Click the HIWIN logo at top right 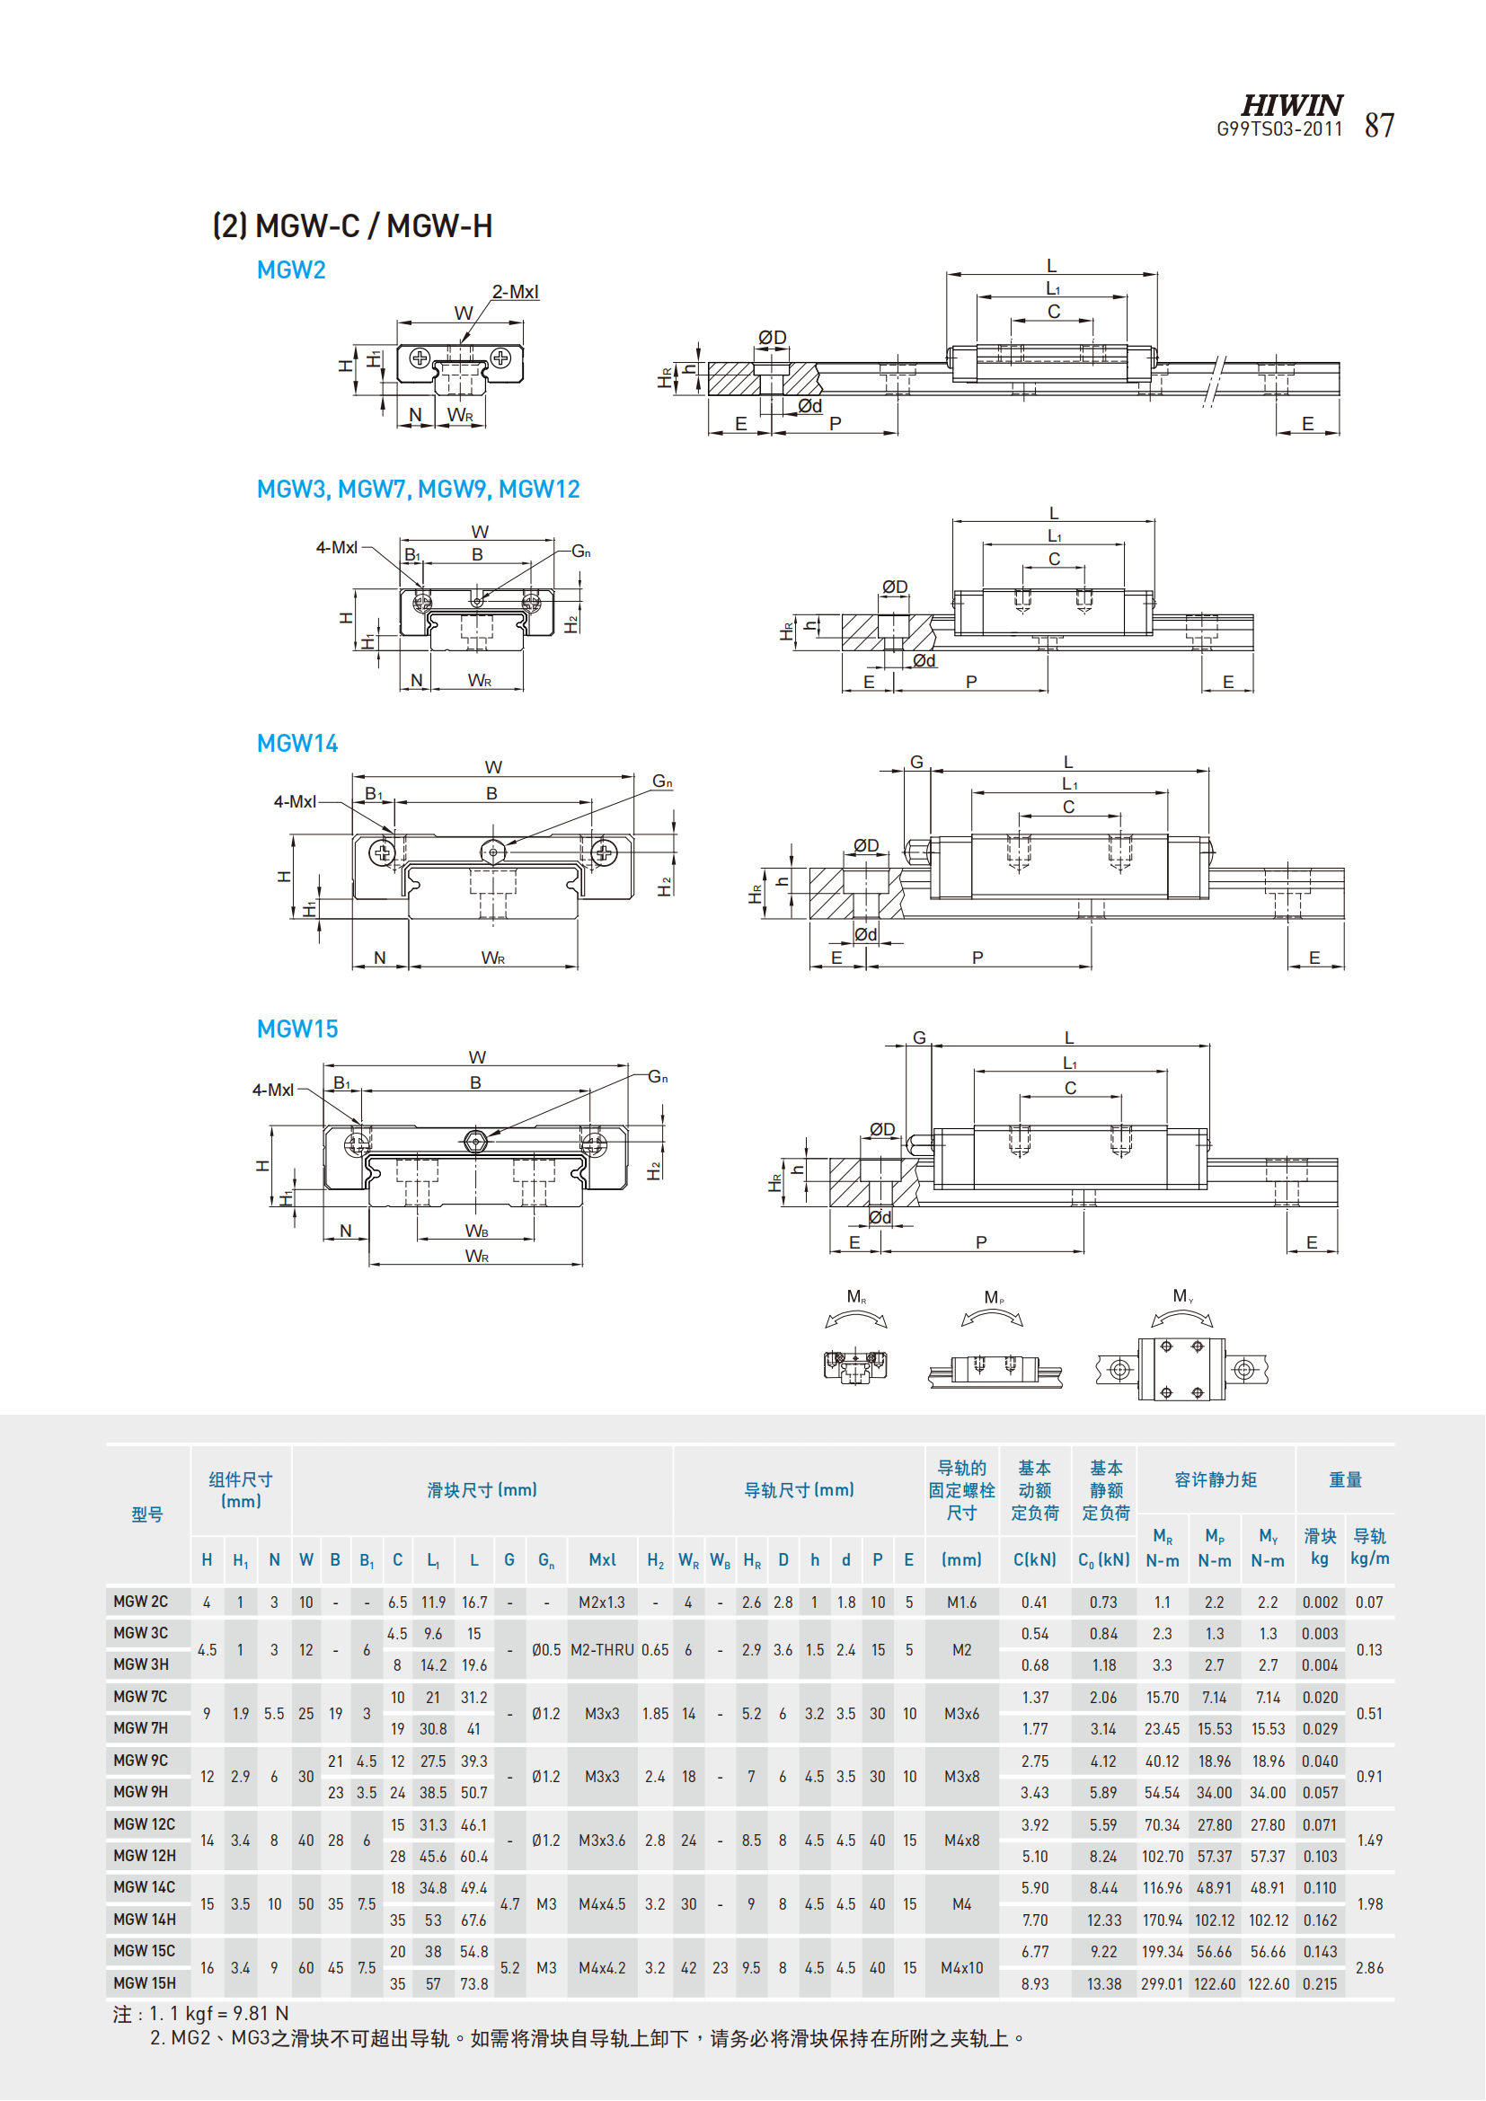[x=1291, y=105]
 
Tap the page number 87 [x=1379, y=126]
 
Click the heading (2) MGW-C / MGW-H [x=352, y=226]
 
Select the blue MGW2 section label [x=291, y=270]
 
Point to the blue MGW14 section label [x=296, y=743]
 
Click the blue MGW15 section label [x=296, y=1028]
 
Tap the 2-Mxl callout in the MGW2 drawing [x=515, y=292]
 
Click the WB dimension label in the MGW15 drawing [x=477, y=1231]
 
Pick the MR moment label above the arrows [x=856, y=1297]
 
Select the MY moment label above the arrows [x=1182, y=1296]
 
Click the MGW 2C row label [x=141, y=1602]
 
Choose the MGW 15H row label [x=145, y=1983]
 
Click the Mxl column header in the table [x=602, y=1560]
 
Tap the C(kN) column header [x=1035, y=1560]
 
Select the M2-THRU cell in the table [x=602, y=1650]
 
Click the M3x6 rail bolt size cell [x=961, y=1714]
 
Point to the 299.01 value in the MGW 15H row [x=1162, y=1984]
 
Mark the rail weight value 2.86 [x=1369, y=1967]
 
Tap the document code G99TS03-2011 [x=1278, y=130]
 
